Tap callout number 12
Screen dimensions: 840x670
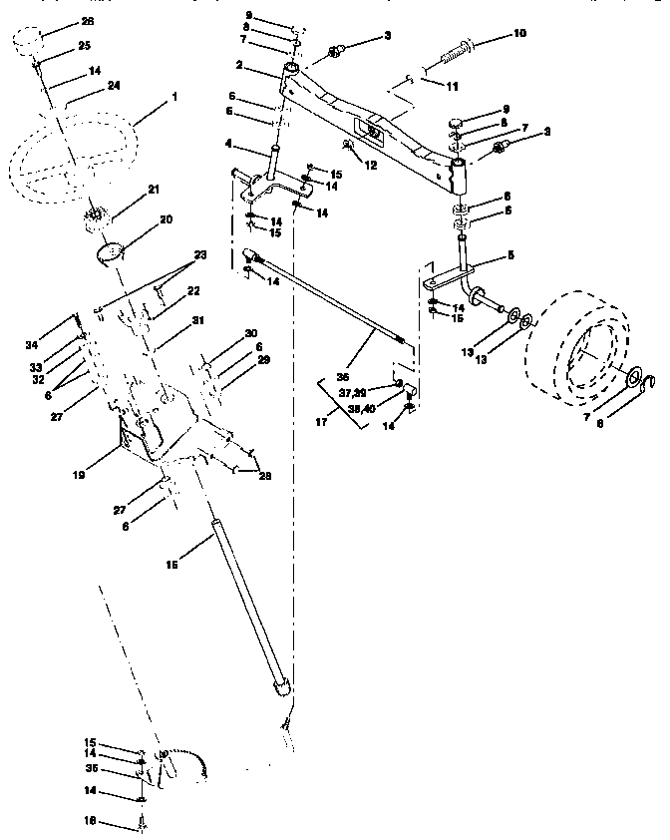pos(372,164)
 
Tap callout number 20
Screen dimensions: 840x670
pos(165,218)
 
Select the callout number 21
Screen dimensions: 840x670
pos(154,189)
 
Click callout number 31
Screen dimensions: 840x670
pos(197,320)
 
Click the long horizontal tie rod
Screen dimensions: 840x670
pos(329,300)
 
